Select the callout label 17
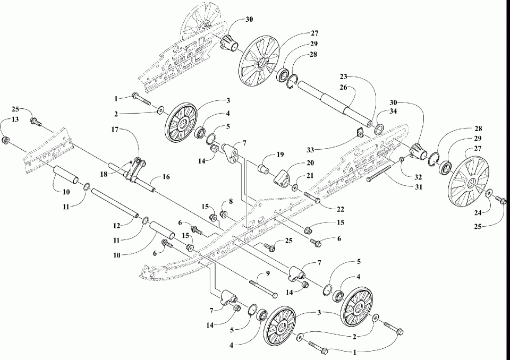click(x=115, y=130)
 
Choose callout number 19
click(x=280, y=155)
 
